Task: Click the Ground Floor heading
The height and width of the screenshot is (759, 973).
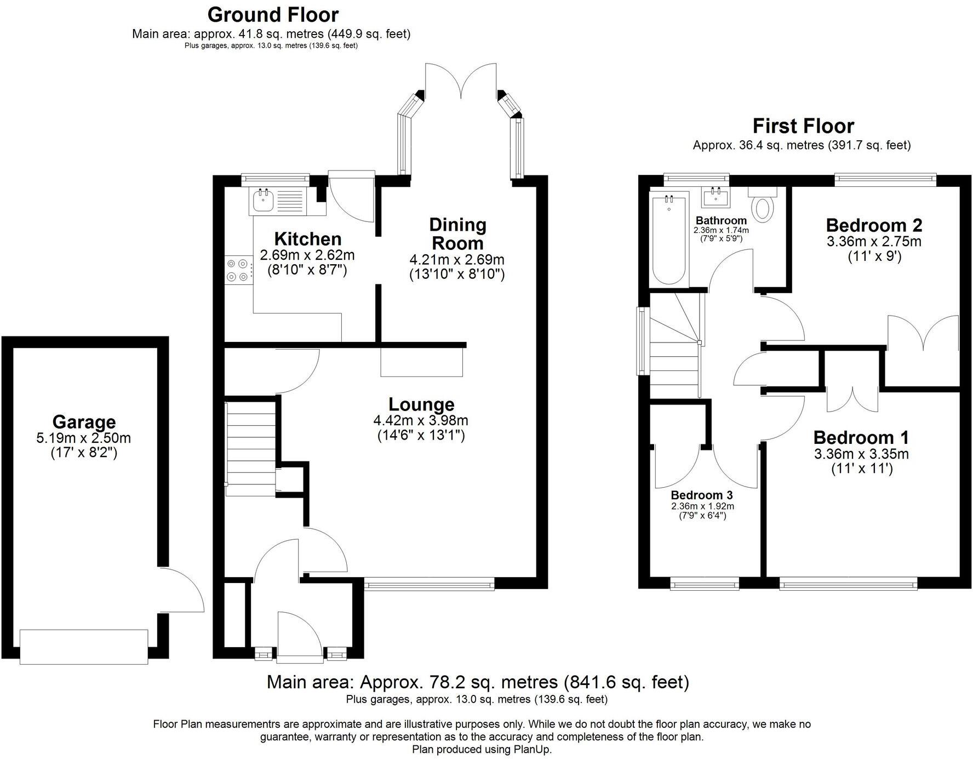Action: click(x=273, y=14)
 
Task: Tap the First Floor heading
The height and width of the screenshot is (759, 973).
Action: click(x=803, y=126)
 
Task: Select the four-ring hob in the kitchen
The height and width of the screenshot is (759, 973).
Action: click(x=239, y=271)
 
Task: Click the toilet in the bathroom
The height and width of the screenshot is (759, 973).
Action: click(x=762, y=208)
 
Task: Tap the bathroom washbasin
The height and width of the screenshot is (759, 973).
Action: click(x=716, y=198)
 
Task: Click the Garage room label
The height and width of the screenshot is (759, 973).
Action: click(x=84, y=422)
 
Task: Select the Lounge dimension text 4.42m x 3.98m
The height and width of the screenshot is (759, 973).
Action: click(x=420, y=421)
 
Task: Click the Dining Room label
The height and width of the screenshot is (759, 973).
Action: click(x=457, y=234)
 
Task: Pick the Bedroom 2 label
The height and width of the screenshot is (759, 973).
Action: click(x=874, y=225)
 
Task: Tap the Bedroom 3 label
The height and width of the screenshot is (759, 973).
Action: click(x=702, y=495)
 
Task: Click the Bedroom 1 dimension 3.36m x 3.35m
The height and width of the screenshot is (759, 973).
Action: click(x=861, y=454)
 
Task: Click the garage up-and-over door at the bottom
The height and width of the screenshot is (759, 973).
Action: click(x=84, y=647)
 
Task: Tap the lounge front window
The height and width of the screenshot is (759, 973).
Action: click(x=430, y=585)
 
